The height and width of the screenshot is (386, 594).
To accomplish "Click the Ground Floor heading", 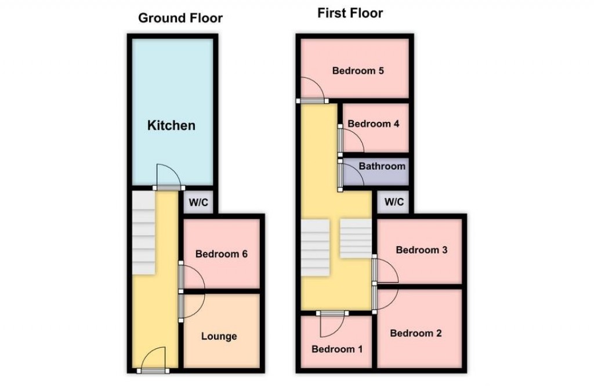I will click(x=180, y=18).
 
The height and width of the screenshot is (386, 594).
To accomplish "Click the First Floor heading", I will click(x=350, y=13).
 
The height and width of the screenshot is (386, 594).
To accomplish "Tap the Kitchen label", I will click(x=171, y=125).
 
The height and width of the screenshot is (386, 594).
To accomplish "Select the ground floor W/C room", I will click(x=197, y=203).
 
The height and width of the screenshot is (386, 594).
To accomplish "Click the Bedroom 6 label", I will click(x=222, y=254).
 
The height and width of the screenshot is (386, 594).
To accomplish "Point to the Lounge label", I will click(x=219, y=336).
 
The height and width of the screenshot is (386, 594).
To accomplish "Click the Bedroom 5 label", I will click(x=358, y=71).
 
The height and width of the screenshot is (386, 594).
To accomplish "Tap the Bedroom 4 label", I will click(x=373, y=124).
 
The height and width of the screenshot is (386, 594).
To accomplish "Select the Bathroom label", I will click(x=382, y=167).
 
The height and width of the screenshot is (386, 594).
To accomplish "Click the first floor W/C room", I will click(x=394, y=203).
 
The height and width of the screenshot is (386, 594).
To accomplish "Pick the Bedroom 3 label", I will click(x=421, y=250).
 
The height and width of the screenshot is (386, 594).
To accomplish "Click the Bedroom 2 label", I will click(x=416, y=333).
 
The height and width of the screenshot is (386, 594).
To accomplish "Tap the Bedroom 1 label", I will click(x=337, y=349).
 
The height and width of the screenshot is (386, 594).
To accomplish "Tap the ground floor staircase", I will click(x=143, y=232).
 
